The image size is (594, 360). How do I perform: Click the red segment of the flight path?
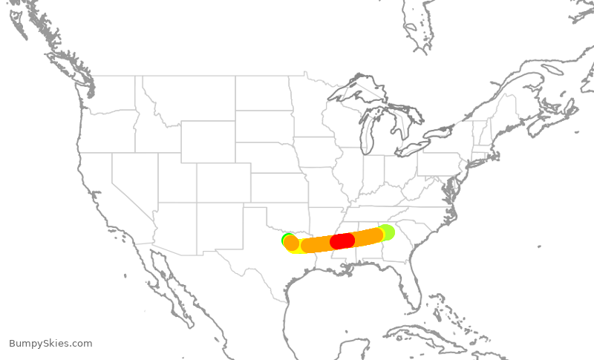coord(342,240)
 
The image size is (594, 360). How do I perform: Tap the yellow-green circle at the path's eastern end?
coord(386,232)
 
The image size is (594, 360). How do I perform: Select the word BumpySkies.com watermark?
coord(50,343)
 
